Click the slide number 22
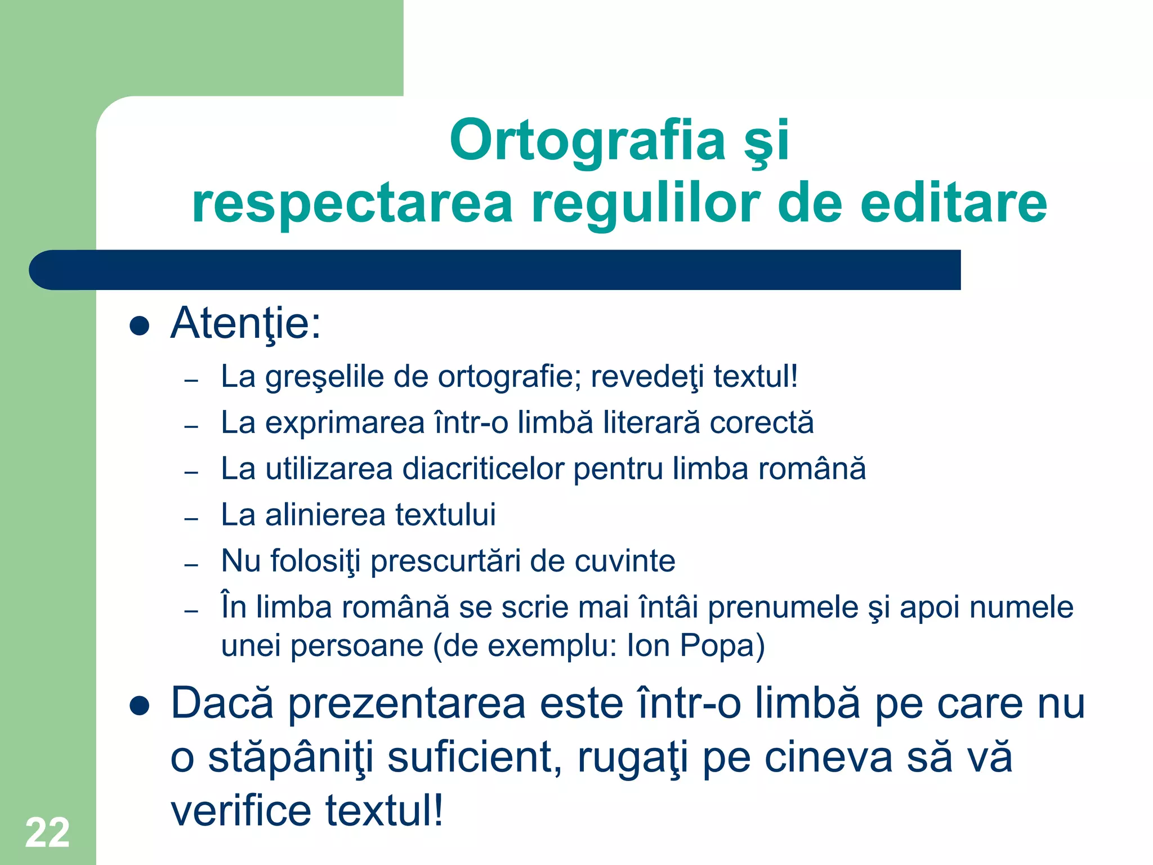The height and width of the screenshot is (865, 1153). coord(47,832)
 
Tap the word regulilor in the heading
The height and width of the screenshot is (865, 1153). coord(645,203)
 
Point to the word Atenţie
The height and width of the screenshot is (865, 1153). coord(245,324)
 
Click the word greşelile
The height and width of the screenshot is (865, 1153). coord(325,377)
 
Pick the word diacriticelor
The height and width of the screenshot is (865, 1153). coord(483,469)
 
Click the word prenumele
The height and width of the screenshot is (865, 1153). coord(783,608)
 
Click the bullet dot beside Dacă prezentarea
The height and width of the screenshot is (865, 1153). coord(139,706)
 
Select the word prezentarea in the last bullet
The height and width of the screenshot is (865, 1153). coord(406,704)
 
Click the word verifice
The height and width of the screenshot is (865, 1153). coord(240,811)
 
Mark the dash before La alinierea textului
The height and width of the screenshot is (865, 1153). coord(191,518)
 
